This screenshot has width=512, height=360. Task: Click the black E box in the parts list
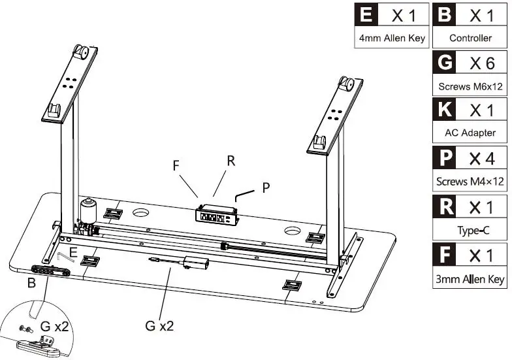[366, 14]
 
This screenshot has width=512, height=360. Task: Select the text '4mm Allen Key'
[392, 38]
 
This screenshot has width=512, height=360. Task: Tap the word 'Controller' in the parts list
[470, 38]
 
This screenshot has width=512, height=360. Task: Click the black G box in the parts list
[444, 62]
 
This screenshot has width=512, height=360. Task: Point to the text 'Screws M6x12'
[470, 86]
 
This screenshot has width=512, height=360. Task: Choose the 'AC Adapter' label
[470, 133]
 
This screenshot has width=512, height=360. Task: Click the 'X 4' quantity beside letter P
[482, 159]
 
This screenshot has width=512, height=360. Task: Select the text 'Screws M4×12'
[470, 182]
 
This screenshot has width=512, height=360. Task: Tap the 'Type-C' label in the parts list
[473, 231]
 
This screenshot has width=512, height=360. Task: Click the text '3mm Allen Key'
[470, 280]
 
